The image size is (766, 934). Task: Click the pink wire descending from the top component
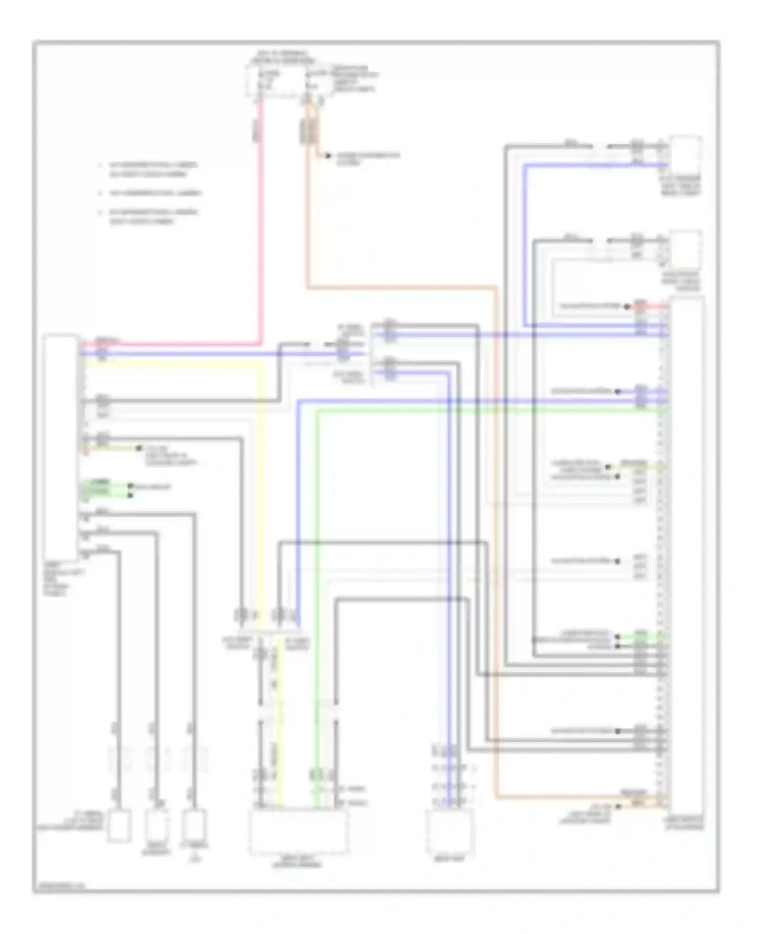(x=260, y=230)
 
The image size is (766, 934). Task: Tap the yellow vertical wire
(x=262, y=485)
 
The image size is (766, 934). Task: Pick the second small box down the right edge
(x=685, y=248)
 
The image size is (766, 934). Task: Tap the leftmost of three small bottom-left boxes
(x=119, y=826)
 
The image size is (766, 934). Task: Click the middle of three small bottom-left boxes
(x=156, y=826)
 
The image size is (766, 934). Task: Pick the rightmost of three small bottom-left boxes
(x=195, y=826)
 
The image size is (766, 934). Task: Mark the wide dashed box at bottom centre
(x=299, y=833)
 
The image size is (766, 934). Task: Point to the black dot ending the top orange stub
(x=327, y=155)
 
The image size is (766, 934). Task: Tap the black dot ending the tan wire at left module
(x=138, y=448)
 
